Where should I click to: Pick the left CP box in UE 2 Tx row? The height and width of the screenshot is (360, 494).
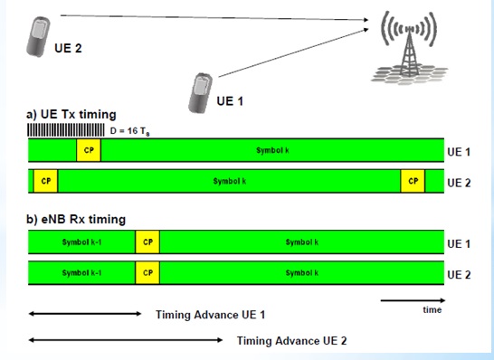point(44,181)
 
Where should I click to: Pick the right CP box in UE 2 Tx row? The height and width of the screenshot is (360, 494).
point(413,181)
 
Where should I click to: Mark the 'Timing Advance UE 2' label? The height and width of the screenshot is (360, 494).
point(291,341)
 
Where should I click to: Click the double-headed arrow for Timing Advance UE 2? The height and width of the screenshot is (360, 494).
point(126,340)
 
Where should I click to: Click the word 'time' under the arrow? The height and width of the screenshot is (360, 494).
point(432,309)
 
